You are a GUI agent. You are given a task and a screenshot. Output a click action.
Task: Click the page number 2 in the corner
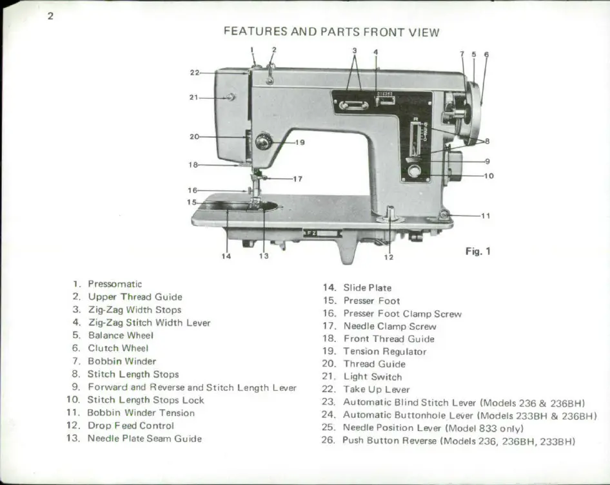tap(50, 15)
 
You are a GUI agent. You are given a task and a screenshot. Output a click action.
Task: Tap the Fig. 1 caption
tap(478, 251)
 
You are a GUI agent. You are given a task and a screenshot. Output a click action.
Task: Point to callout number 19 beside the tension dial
tap(299, 142)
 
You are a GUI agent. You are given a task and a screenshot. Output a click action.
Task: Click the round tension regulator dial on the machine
tap(263, 141)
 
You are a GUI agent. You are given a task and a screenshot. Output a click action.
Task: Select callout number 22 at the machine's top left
tap(194, 73)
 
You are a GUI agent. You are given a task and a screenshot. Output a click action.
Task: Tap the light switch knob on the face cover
tap(230, 97)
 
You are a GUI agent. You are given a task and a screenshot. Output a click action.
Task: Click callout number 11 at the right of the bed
tap(485, 216)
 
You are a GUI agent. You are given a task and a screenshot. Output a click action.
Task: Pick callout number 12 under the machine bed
tap(388, 257)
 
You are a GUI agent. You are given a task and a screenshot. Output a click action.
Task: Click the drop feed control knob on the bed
tap(390, 213)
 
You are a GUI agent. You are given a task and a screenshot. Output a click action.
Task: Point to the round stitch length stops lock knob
tap(414, 171)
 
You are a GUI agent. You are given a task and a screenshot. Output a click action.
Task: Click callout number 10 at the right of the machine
tap(488, 175)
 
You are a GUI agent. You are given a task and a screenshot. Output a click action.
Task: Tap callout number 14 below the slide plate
tap(226, 256)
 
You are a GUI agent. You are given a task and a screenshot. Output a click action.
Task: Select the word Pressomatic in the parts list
tap(115, 284)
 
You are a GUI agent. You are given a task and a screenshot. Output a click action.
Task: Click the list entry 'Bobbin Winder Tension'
tap(131, 413)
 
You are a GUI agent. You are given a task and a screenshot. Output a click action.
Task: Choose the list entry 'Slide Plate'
tap(367, 288)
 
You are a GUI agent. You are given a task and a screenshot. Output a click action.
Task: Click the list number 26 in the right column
tap(329, 441)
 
